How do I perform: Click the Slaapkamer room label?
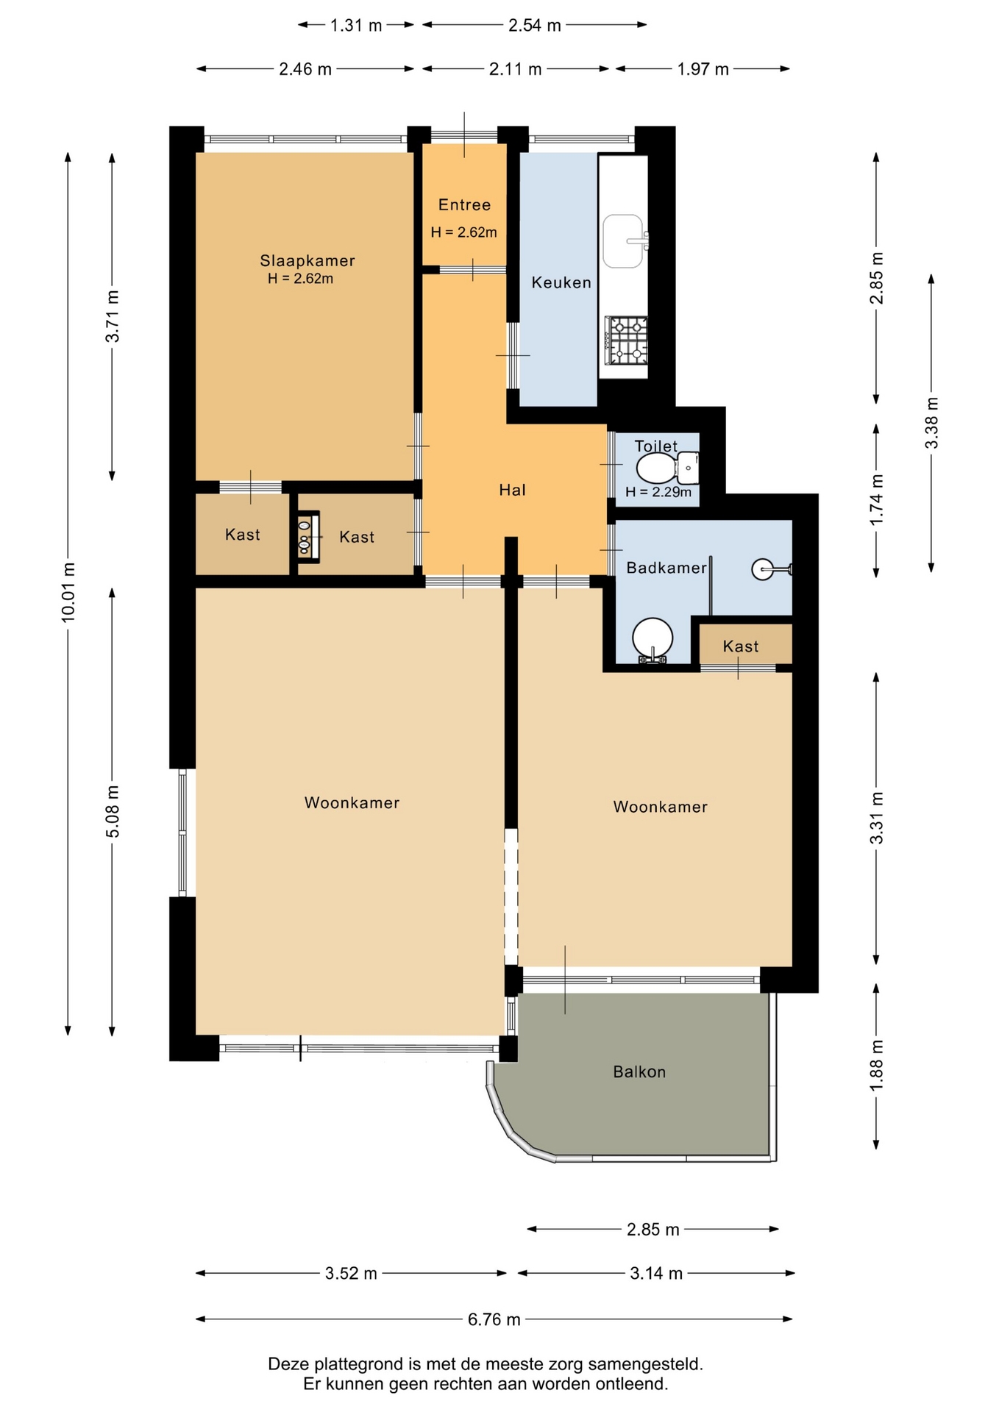click(307, 260)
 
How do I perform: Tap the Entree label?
click(464, 205)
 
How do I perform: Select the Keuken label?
click(561, 282)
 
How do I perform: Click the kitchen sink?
click(624, 241)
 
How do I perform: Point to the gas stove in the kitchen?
click(626, 340)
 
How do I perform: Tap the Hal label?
click(512, 490)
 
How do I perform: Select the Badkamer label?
click(666, 568)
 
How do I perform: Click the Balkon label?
click(639, 1072)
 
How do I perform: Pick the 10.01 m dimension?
click(68, 593)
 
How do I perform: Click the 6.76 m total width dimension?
click(494, 1320)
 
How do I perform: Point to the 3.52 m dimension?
click(351, 1274)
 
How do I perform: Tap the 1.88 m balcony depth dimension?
click(876, 1066)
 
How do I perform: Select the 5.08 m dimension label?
click(113, 811)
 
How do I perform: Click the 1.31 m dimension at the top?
click(356, 26)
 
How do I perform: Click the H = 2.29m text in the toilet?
click(658, 492)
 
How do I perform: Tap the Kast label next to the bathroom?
click(740, 646)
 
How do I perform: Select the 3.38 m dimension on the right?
click(931, 423)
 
